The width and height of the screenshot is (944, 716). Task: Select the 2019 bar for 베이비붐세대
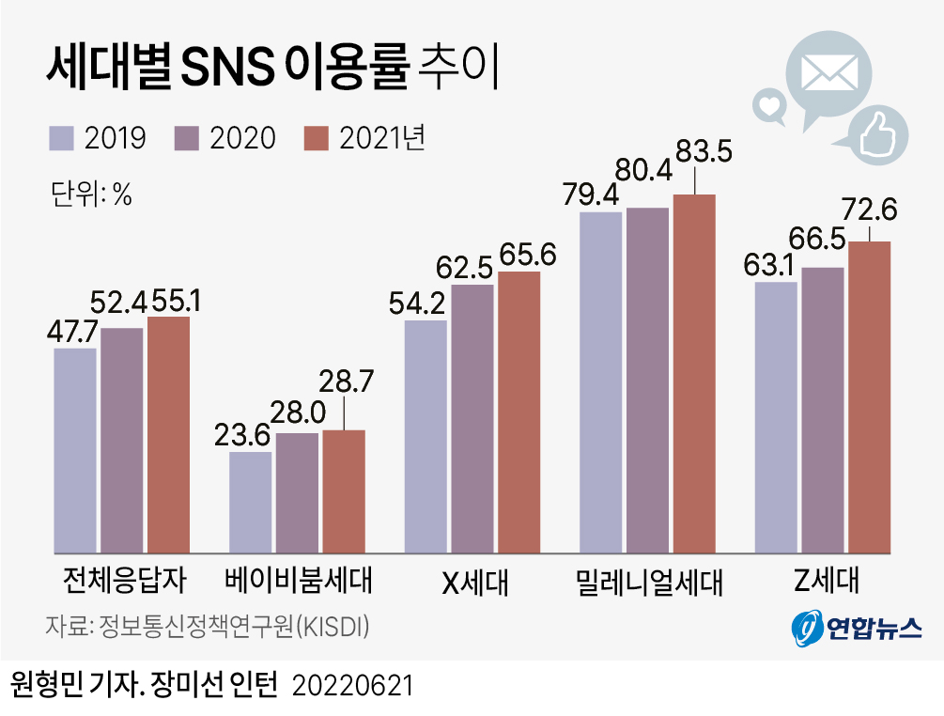(251, 502)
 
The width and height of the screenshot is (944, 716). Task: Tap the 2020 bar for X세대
(472, 418)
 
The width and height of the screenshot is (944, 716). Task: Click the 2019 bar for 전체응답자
(75, 450)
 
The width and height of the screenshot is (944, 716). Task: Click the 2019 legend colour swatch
(62, 138)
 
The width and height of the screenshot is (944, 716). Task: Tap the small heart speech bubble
(770, 105)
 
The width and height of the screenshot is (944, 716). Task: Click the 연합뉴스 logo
(855, 627)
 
